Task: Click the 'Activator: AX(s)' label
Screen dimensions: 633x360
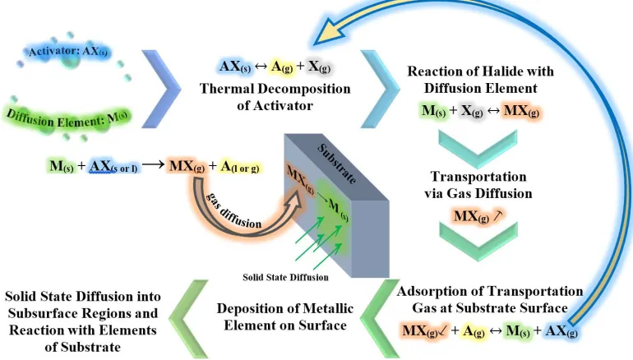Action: coord(68,52)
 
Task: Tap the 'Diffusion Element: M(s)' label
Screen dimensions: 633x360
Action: coord(67,118)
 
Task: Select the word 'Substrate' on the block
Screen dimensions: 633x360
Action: coord(337,164)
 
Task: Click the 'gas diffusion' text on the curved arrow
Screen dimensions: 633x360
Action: coord(233,210)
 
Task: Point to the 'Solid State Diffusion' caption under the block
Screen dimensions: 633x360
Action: coord(285,277)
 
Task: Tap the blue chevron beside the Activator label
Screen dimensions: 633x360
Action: coord(161,89)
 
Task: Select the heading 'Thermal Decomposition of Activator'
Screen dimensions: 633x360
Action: coord(275,97)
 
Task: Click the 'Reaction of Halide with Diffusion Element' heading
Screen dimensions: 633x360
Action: coord(480,80)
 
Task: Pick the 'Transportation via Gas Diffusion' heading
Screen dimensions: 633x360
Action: coord(478,185)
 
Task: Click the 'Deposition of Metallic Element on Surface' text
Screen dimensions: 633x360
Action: coord(285,316)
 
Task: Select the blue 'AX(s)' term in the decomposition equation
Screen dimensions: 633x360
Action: coord(235,67)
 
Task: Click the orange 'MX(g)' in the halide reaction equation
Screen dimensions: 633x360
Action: coord(521,111)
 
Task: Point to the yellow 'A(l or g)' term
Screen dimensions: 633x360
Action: coord(240,166)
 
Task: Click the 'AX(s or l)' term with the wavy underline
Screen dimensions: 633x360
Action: coord(113,166)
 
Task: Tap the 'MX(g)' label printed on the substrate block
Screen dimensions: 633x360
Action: coord(300,179)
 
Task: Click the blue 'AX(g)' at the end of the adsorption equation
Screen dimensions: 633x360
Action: coord(561,331)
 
